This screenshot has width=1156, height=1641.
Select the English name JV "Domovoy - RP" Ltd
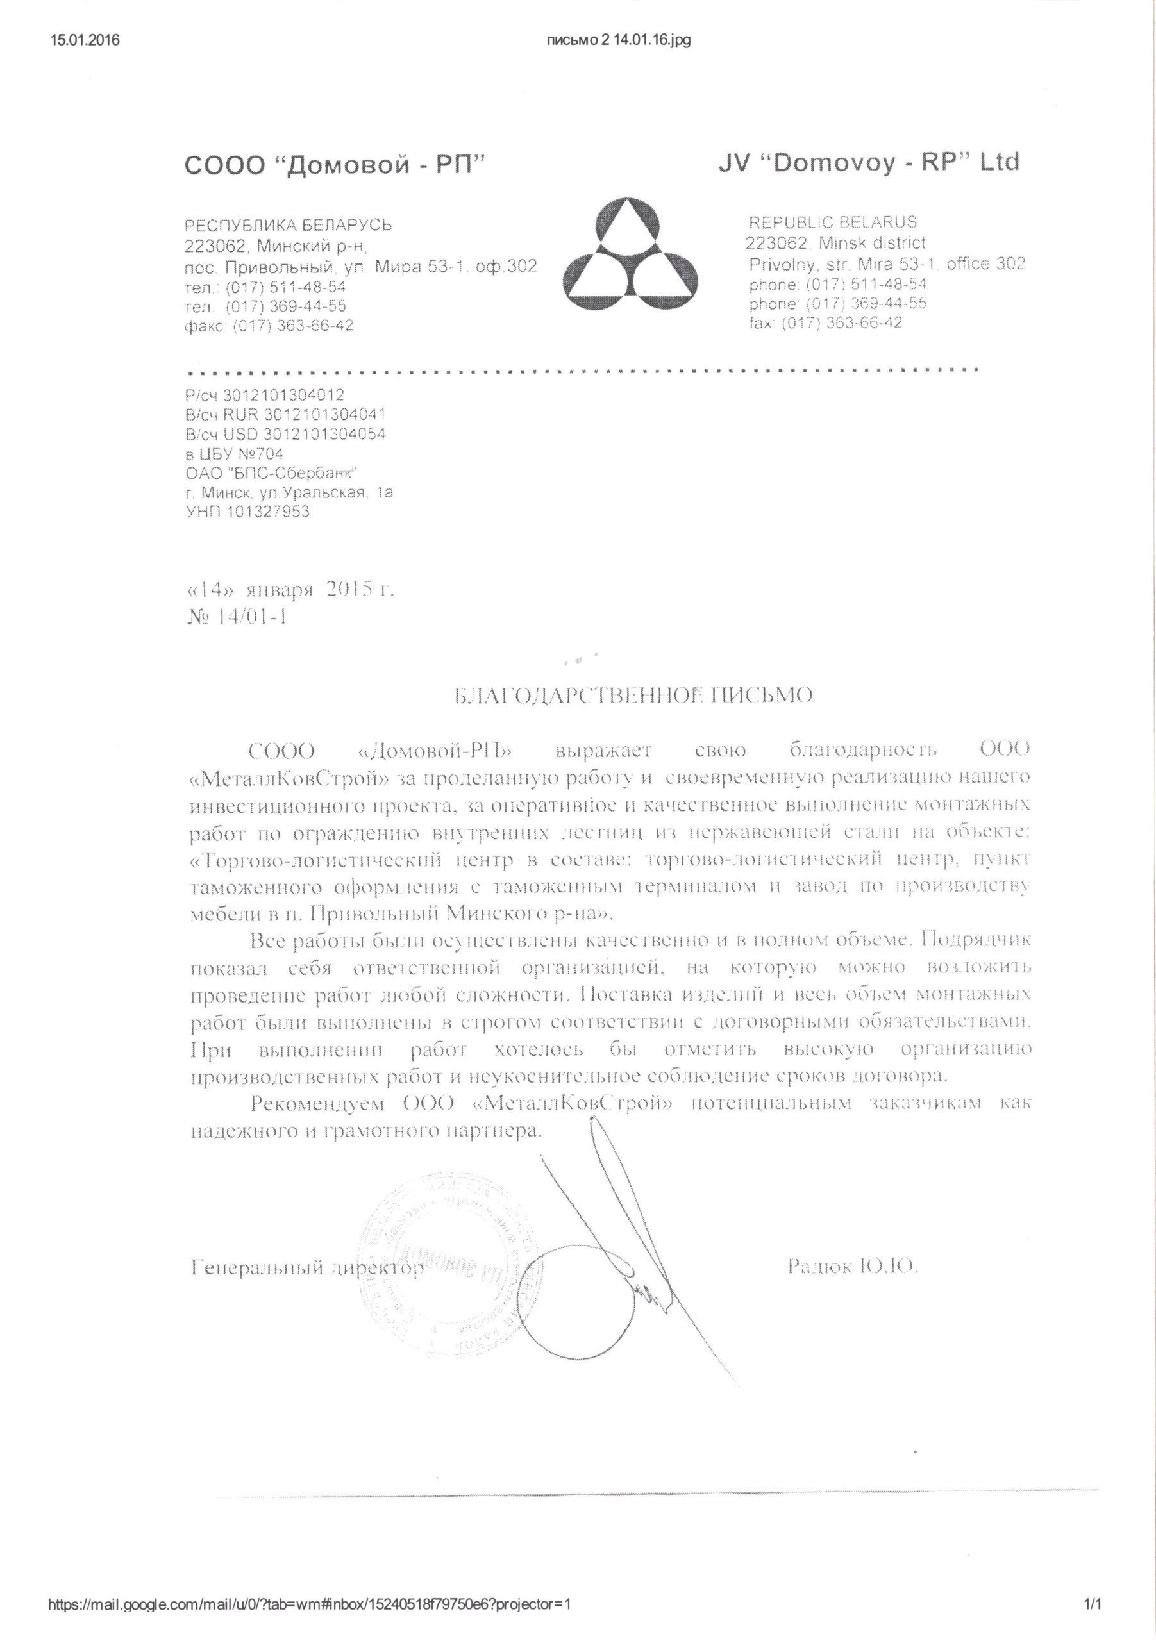point(868,162)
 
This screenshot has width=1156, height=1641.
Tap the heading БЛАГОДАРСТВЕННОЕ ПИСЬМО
point(633,695)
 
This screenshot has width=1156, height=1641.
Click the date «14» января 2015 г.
point(290,590)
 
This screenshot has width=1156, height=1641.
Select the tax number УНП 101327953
point(247,512)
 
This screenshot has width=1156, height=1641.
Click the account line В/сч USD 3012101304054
point(285,434)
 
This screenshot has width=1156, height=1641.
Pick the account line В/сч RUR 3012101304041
point(285,415)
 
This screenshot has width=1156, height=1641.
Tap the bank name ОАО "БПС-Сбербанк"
point(271,473)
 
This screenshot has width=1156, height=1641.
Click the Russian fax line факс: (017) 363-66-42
point(269,325)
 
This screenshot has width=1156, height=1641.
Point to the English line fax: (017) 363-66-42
point(825,322)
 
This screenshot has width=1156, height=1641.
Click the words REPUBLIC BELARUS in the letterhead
point(832,222)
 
